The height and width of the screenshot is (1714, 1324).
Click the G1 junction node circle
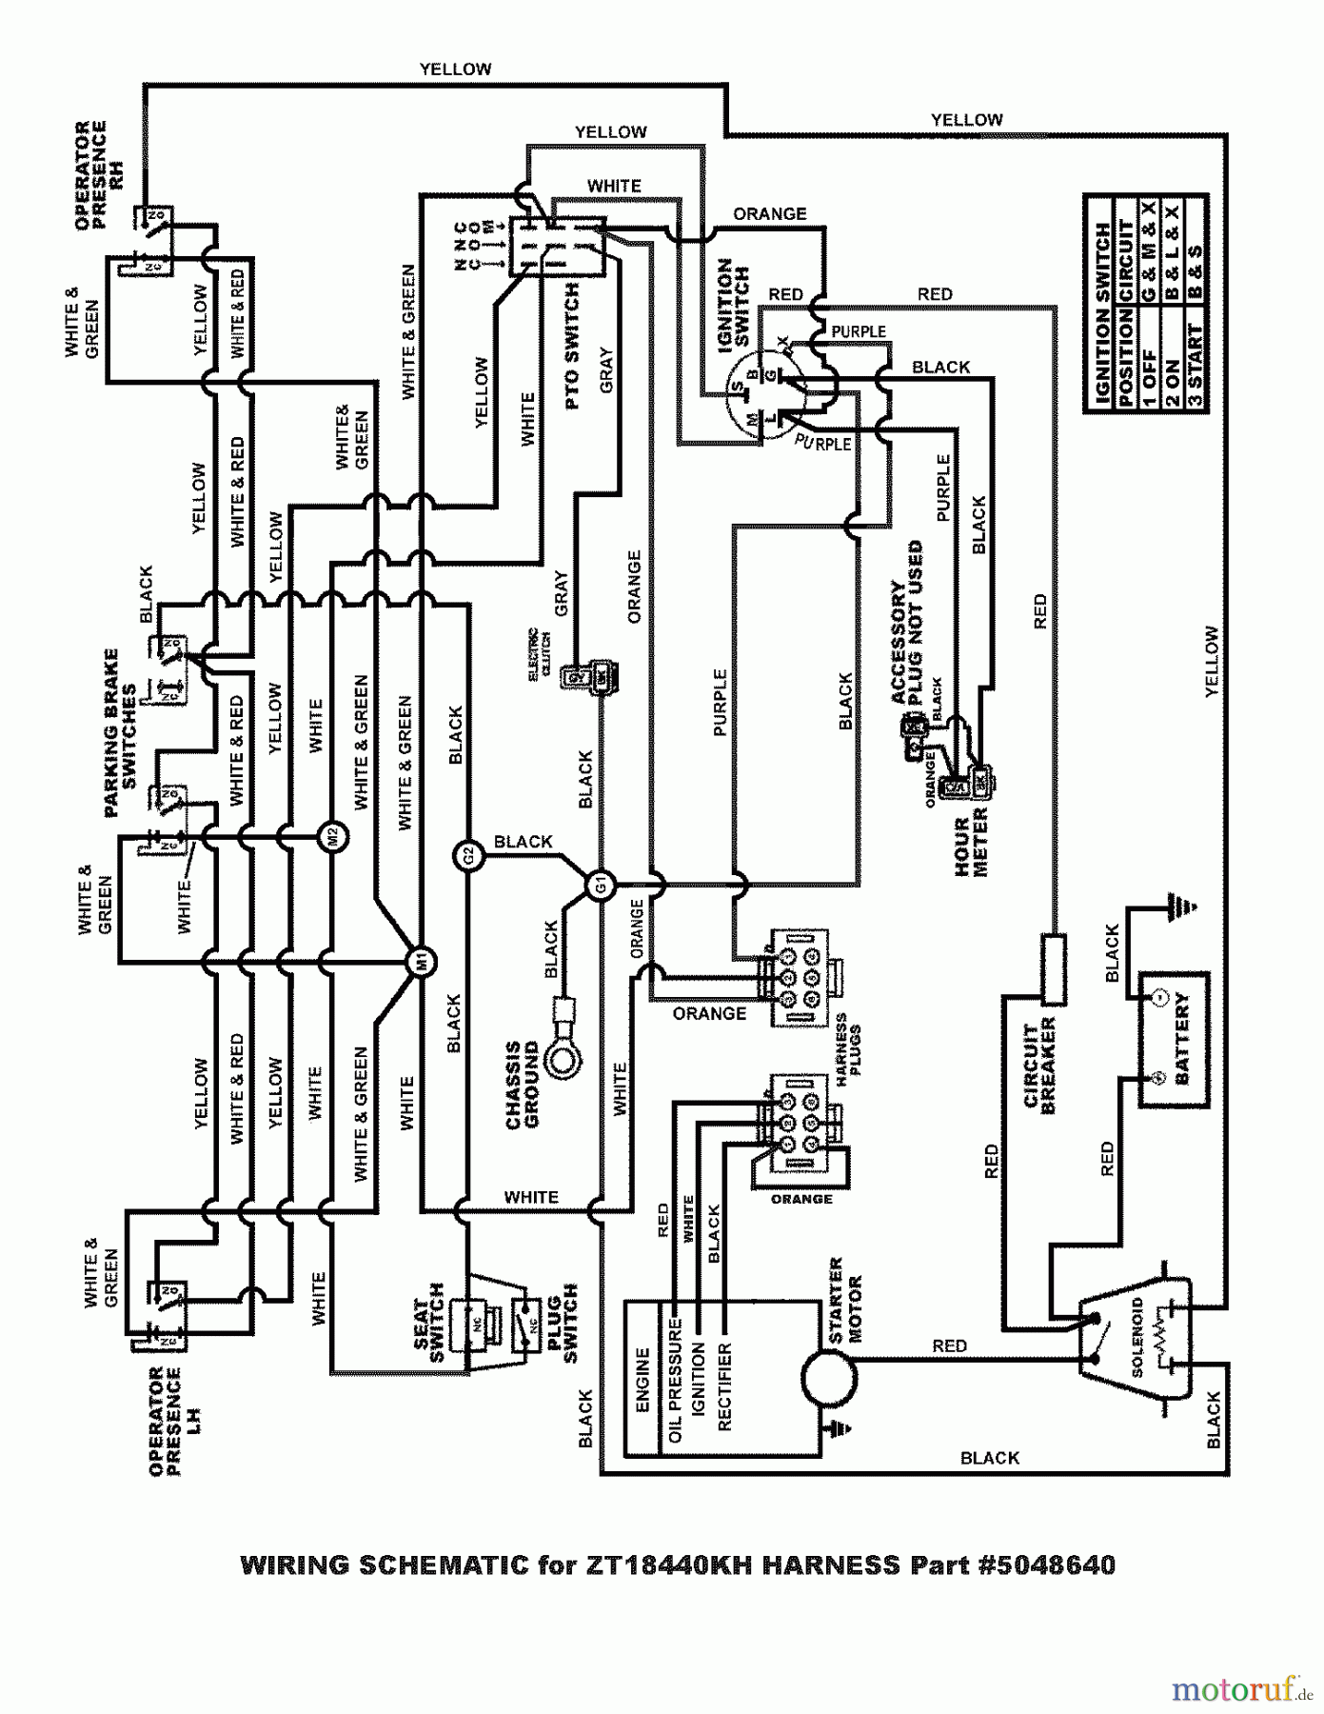pyautogui.click(x=600, y=887)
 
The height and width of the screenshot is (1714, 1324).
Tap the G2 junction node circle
pyautogui.click(x=467, y=856)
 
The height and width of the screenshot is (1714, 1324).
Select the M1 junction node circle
pyautogui.click(x=422, y=962)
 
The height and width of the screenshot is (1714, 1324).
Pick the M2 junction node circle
pyautogui.click(x=332, y=837)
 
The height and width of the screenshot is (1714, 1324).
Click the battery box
pyautogui.click(x=1175, y=1039)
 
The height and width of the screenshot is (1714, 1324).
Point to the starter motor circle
pyautogui.click(x=827, y=1377)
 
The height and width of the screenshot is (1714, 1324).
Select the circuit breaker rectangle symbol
pyautogui.click(x=1053, y=968)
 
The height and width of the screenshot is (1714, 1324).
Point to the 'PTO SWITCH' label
pyautogui.click(x=572, y=347)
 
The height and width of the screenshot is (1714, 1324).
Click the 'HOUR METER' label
pyautogui.click(x=971, y=842)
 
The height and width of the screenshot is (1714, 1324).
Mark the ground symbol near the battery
pyautogui.click(x=1180, y=907)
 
